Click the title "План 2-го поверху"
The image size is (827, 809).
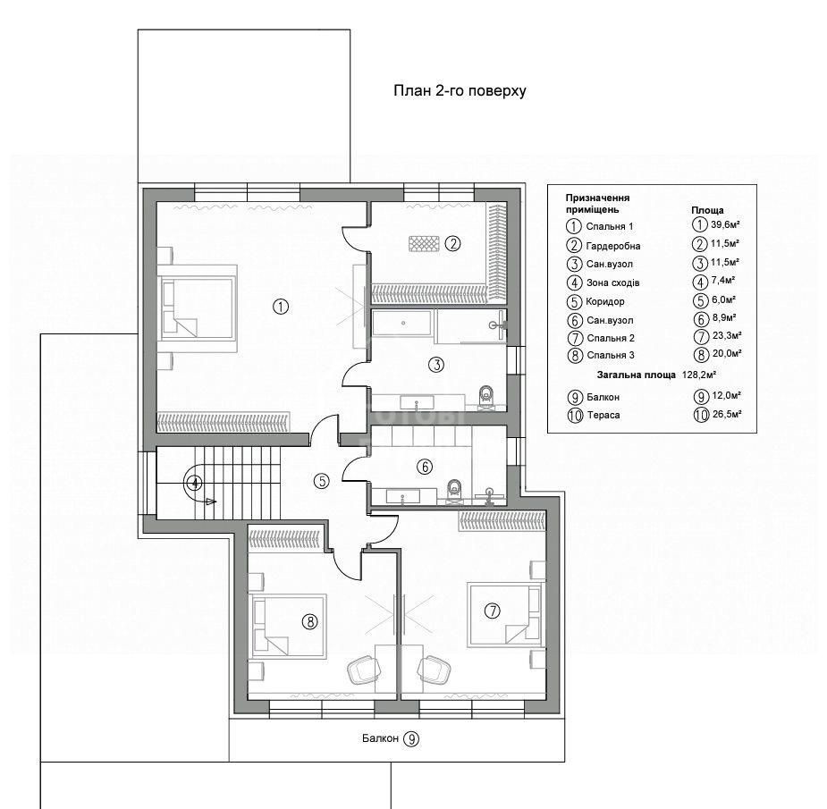pos(460,90)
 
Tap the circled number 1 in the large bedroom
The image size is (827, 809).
pos(281,307)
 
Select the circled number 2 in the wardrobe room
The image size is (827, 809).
pos(452,244)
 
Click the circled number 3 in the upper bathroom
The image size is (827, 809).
pos(436,365)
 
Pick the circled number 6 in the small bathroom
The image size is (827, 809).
pos(425,467)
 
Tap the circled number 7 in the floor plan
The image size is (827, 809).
pos(492,611)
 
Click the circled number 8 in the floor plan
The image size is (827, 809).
pos(309,622)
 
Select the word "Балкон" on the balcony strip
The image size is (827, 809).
pos(380,738)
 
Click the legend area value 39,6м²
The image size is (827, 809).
pos(725,224)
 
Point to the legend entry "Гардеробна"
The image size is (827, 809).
pos(612,246)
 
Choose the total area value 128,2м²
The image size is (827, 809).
pos(696,375)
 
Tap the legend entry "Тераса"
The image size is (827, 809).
pos(603,415)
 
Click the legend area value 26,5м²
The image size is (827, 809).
pos(727,414)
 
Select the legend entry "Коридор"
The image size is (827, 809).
pos(605,301)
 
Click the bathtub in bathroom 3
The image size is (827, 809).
pos(402,323)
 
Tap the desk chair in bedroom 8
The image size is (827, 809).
pos(360,670)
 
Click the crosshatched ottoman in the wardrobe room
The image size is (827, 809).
pos(424,244)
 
